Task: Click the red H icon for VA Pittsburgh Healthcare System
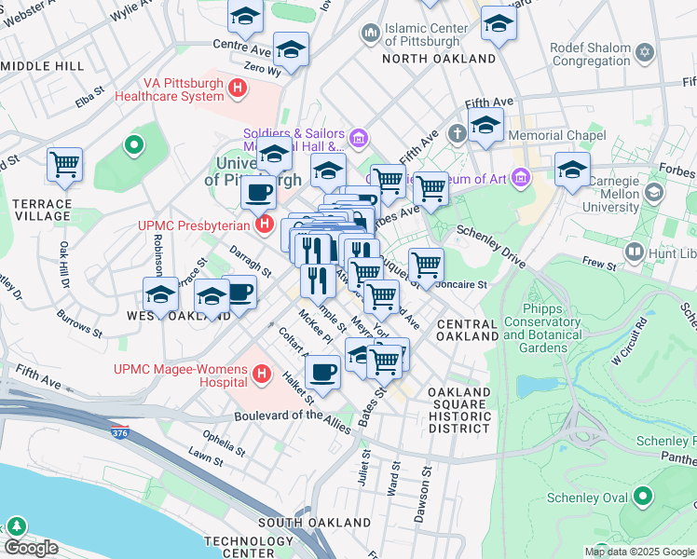pos(239,89)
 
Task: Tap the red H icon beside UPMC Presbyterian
pos(266,225)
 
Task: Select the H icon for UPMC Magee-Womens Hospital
pos(263,375)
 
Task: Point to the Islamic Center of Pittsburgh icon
pos(371,34)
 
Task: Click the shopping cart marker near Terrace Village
pos(64,165)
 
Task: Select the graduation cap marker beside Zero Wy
pos(291,50)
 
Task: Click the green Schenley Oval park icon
pos(642,498)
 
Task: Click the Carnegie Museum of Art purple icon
pos(520,178)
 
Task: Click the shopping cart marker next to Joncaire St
pos(426,265)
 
